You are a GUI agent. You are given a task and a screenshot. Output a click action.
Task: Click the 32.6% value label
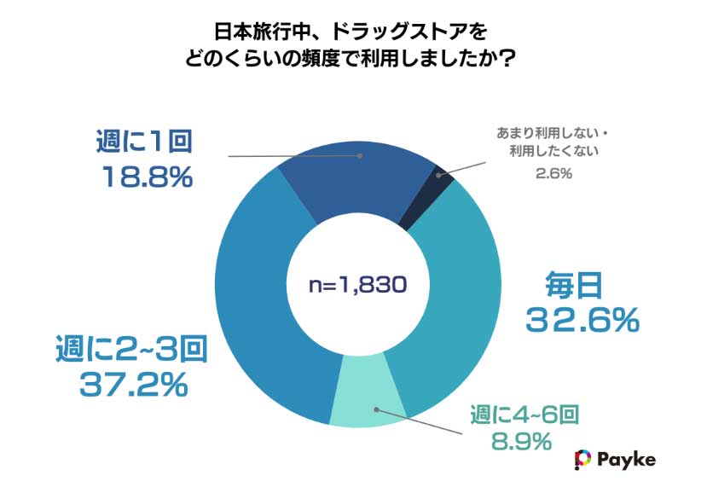pyautogui.click(x=582, y=321)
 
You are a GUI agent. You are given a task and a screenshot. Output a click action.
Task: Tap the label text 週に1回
pyautogui.click(x=142, y=142)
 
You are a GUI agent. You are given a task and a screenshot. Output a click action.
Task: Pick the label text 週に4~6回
pyautogui.click(x=526, y=415)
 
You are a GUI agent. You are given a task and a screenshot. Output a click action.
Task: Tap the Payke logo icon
pyautogui.click(x=583, y=459)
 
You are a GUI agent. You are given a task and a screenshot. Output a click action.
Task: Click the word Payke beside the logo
pyautogui.click(x=627, y=459)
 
